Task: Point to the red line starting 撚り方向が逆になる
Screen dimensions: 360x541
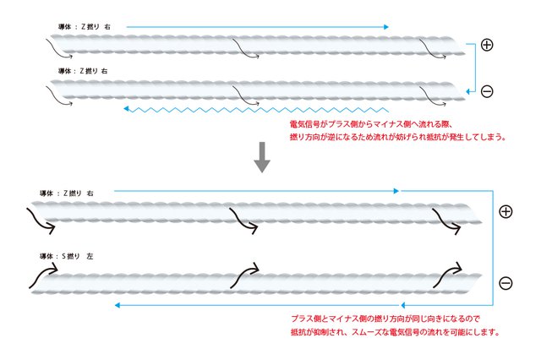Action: pyautogui.click(x=397, y=137)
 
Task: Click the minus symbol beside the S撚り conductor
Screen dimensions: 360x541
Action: pyautogui.click(x=505, y=283)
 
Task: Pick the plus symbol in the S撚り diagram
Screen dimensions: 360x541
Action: pyautogui.click(x=505, y=212)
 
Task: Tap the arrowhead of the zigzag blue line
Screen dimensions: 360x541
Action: pyautogui.click(x=126, y=109)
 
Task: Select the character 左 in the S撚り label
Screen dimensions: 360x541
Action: pyautogui.click(x=90, y=255)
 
